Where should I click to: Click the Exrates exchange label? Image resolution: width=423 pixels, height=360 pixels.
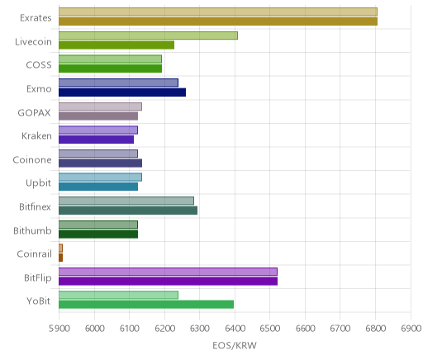click(x=36, y=18)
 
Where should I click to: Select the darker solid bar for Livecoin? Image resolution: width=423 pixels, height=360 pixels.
click(x=116, y=45)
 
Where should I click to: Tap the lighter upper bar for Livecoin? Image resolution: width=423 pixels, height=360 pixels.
click(x=148, y=36)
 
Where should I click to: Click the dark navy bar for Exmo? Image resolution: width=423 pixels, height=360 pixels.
click(x=122, y=92)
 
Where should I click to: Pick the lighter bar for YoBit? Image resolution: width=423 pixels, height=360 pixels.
click(x=118, y=295)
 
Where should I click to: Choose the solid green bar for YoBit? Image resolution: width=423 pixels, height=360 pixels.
click(x=146, y=305)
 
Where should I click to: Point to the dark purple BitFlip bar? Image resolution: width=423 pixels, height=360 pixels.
click(x=168, y=281)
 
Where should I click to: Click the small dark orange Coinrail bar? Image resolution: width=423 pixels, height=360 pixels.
click(x=60, y=258)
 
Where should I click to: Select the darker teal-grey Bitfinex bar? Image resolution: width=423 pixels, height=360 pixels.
click(x=128, y=211)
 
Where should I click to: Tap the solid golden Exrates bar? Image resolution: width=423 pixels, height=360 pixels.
click(x=218, y=21)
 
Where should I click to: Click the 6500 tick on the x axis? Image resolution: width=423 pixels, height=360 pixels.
click(x=269, y=329)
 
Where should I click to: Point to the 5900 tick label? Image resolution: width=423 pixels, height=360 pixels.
click(x=59, y=329)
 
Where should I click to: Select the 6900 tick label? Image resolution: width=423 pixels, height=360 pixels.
click(x=411, y=329)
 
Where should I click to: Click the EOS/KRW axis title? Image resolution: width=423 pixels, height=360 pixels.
click(x=235, y=345)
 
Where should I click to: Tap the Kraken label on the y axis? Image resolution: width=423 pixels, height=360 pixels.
click(x=36, y=136)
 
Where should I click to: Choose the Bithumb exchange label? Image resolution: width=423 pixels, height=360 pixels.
click(x=32, y=230)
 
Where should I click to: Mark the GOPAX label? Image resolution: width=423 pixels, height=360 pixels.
click(x=35, y=112)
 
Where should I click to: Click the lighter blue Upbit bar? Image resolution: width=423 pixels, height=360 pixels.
click(x=100, y=178)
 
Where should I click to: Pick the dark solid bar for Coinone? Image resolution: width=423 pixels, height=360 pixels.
click(x=100, y=163)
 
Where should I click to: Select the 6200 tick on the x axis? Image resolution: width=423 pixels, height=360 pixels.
click(x=164, y=329)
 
